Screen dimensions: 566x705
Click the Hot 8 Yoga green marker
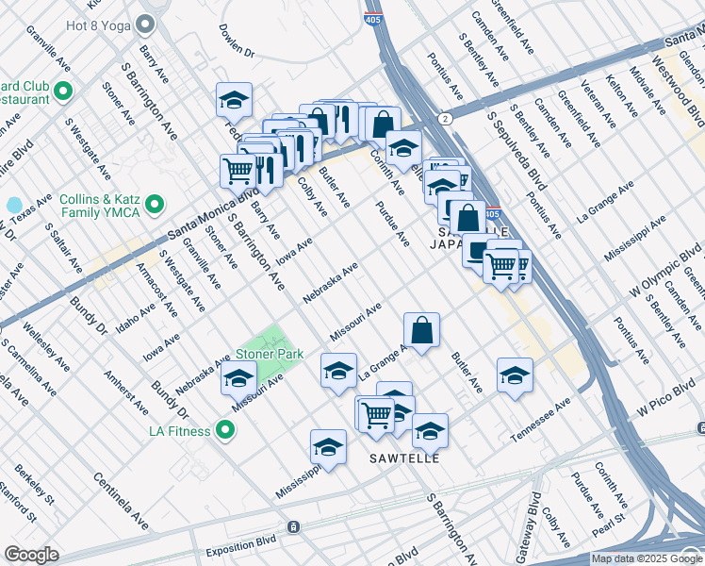(x=145, y=24)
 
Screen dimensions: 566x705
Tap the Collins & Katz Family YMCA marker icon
(x=156, y=204)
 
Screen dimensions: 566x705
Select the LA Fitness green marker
(x=224, y=431)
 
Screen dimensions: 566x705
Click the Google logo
(x=31, y=555)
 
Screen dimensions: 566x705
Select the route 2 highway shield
(x=444, y=118)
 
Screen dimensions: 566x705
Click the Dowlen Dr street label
(x=237, y=40)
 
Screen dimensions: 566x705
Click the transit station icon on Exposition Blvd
(x=294, y=525)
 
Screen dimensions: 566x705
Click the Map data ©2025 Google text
(x=646, y=558)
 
